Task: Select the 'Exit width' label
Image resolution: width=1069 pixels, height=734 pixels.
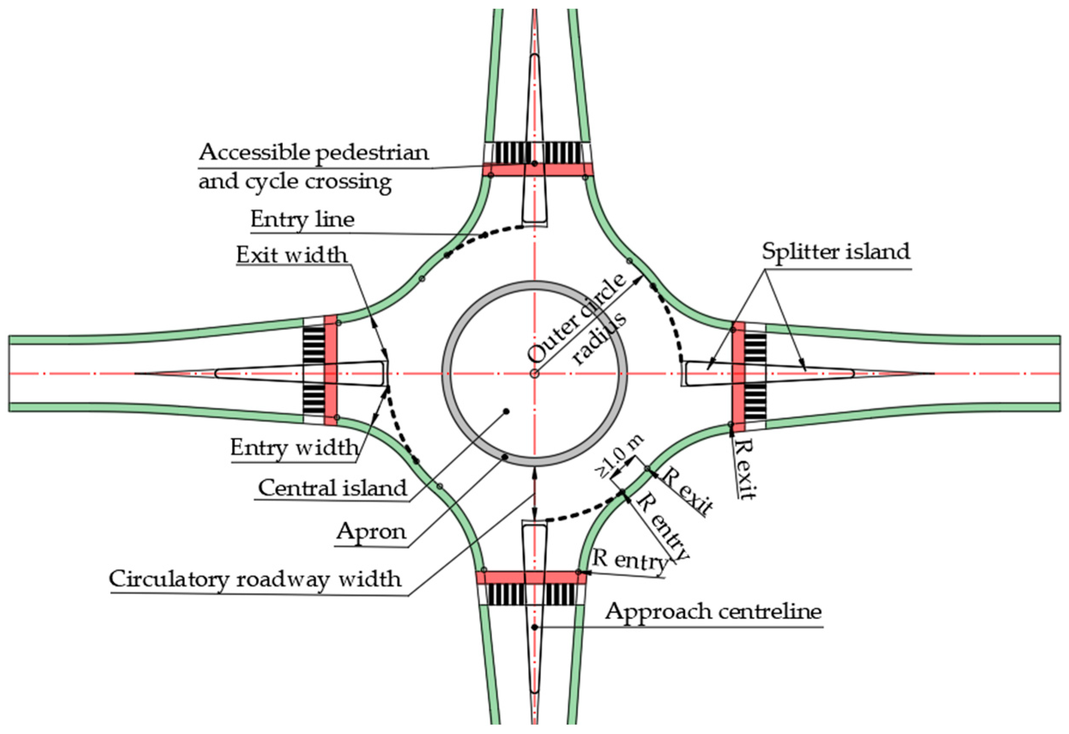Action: [x=292, y=255]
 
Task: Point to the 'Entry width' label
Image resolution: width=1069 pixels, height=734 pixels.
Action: [x=294, y=447]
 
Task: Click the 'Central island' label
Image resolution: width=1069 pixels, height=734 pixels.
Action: [x=332, y=488]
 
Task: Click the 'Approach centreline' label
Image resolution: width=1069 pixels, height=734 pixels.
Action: [x=713, y=612]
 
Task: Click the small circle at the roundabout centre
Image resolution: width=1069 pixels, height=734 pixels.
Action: [x=534, y=374]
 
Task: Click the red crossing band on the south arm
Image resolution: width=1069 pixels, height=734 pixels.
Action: [x=531, y=578]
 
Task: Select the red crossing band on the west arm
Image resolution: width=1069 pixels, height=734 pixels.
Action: [x=331, y=370]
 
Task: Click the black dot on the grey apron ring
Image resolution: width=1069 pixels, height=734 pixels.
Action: [x=504, y=457]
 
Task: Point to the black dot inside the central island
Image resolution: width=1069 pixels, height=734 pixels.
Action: [x=506, y=411]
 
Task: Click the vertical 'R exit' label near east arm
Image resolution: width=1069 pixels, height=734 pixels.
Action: [x=745, y=468]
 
